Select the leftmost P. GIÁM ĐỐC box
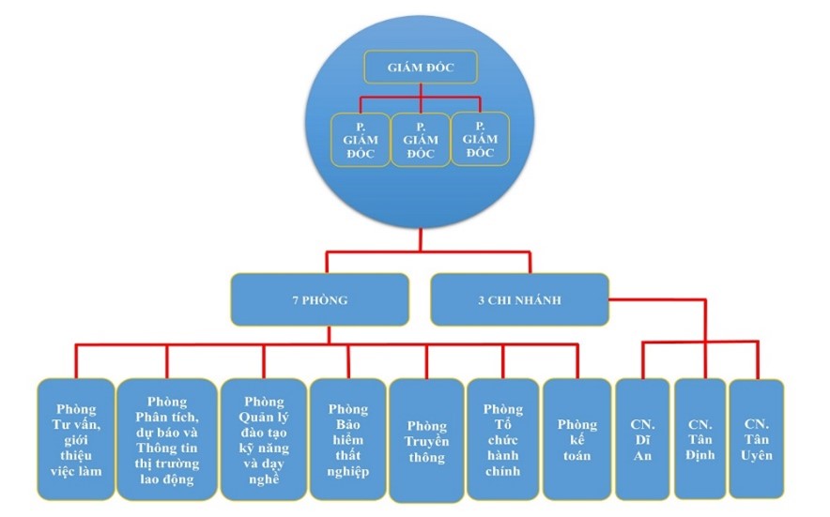pyautogui.click(x=361, y=140)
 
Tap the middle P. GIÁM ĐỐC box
pyautogui.click(x=421, y=140)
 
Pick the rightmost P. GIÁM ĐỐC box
pyautogui.click(x=480, y=139)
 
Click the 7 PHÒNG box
pyautogui.click(x=319, y=300)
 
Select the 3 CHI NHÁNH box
pyautogui.click(x=518, y=300)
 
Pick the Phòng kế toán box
pyautogui.click(x=576, y=438)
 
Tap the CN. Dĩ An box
pyautogui.click(x=642, y=438)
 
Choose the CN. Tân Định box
pyautogui.click(x=699, y=438)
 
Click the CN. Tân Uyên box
pyautogui.click(x=757, y=438)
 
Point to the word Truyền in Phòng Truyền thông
pyautogui.click(x=427, y=441)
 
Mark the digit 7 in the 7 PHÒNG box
pyautogui.click(x=294, y=300)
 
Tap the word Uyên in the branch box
pyautogui.click(x=757, y=456)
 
